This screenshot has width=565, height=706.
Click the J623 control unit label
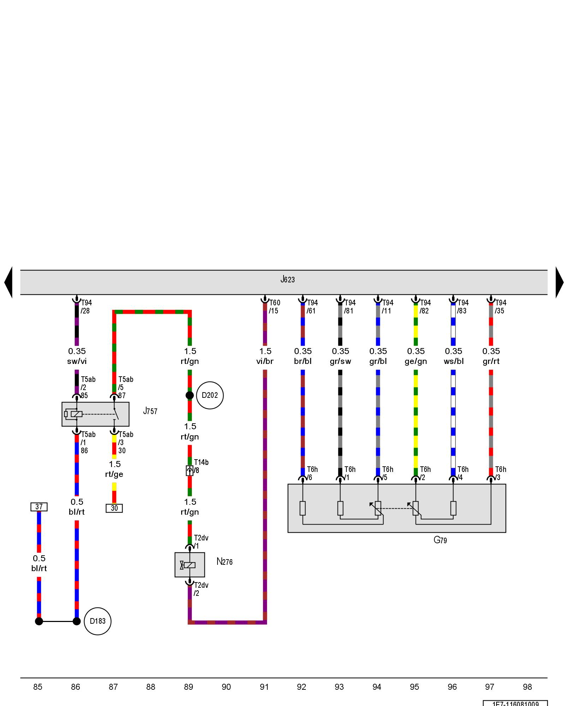[287, 280]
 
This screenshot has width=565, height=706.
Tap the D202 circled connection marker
[210, 395]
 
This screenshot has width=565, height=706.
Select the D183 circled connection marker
[97, 621]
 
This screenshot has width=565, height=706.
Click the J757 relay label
[150, 411]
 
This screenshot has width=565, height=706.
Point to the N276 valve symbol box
[190, 565]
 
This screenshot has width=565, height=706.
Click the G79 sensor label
[440, 540]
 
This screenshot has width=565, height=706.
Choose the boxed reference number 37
[39, 507]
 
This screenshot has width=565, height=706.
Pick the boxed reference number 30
[114, 508]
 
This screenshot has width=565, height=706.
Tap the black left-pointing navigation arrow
[8, 282]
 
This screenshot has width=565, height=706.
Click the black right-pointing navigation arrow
[559, 282]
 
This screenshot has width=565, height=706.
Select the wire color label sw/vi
[77, 361]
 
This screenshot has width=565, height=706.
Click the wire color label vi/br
[265, 361]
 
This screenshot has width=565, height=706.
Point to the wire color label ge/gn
[416, 361]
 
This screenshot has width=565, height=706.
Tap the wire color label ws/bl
[453, 361]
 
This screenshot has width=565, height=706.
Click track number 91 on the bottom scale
[264, 687]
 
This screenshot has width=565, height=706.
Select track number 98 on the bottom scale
[527, 687]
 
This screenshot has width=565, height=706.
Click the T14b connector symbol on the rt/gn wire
[190, 471]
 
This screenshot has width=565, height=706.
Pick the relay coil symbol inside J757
[76, 414]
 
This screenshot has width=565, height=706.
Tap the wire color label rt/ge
[114, 474]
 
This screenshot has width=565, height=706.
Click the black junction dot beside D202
[190, 395]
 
